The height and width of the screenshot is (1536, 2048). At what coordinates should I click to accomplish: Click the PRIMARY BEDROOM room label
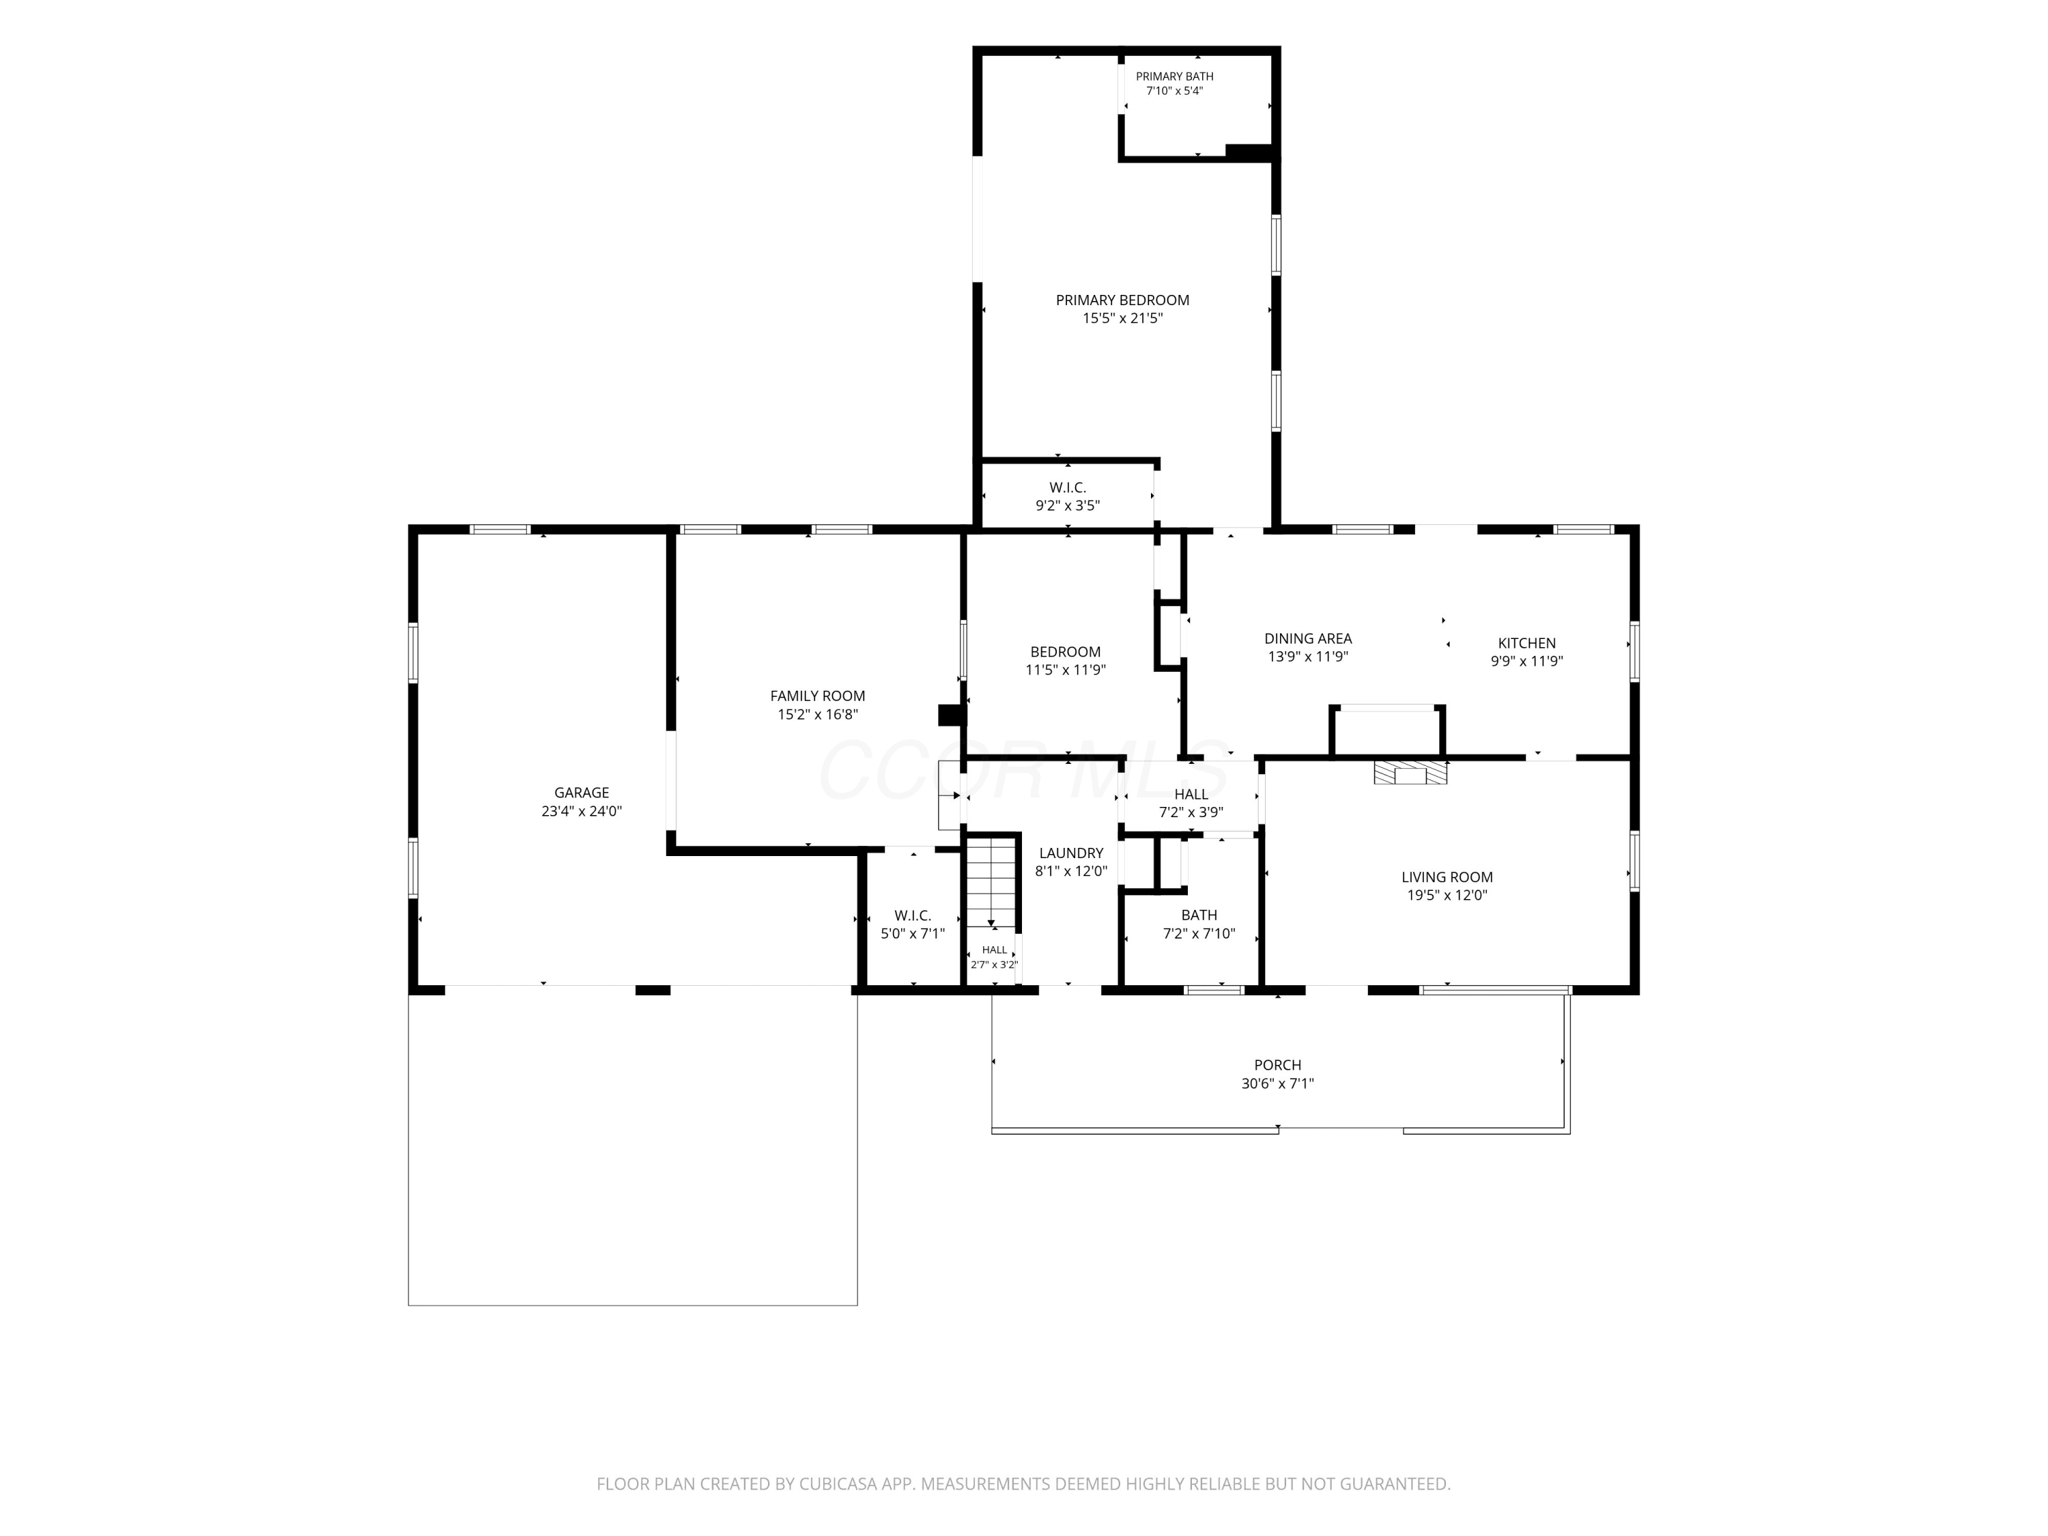click(1122, 300)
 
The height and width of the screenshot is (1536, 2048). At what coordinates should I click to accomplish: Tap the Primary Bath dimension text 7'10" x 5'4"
click(1174, 91)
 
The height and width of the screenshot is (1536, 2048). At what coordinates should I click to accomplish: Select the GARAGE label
click(582, 793)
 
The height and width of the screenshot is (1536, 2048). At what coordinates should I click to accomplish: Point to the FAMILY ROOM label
click(818, 696)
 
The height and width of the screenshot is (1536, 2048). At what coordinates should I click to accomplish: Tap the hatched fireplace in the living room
click(1411, 773)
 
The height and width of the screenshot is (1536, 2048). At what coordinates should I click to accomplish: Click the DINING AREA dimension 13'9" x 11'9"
click(1307, 657)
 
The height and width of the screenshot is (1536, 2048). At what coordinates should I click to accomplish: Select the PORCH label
click(1278, 1066)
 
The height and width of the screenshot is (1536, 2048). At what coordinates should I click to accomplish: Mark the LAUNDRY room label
click(1071, 853)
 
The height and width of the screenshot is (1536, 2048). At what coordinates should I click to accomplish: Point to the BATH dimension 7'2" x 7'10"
click(1199, 934)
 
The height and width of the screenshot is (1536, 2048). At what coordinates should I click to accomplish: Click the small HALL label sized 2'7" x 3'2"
click(995, 950)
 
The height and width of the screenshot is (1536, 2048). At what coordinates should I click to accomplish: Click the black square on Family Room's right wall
click(951, 715)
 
